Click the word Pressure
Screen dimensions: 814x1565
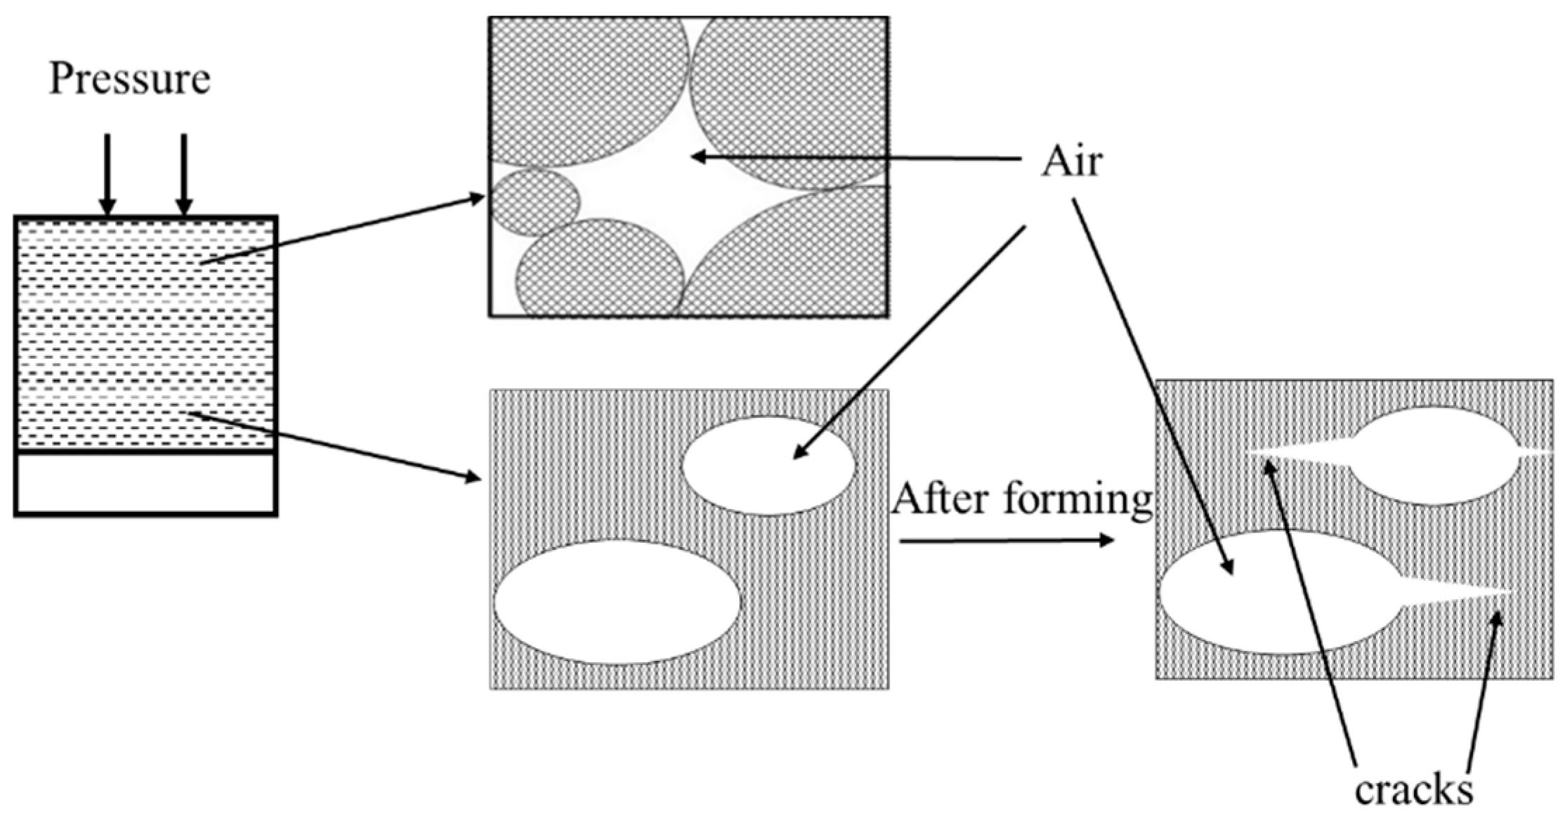129,79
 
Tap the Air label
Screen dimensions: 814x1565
1071,163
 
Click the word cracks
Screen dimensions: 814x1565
1413,791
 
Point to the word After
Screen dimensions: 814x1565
941,500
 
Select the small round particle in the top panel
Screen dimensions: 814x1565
535,202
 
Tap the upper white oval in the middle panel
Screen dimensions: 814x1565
768,466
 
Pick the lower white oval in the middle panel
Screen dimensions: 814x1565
617,602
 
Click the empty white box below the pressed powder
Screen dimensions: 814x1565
145,484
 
